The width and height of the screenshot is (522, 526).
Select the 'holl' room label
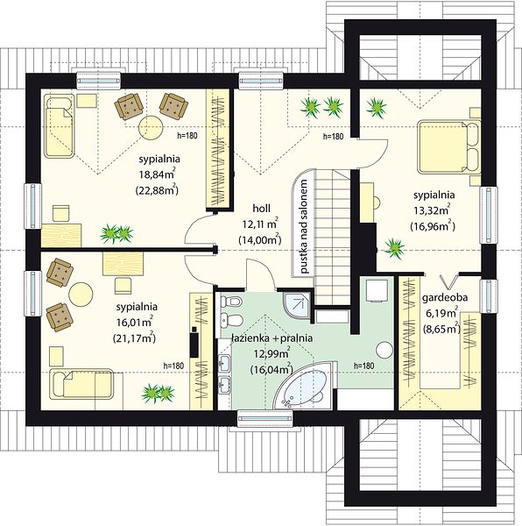261,209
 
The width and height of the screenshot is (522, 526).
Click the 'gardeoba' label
445,297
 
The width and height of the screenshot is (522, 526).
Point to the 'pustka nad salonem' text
304,227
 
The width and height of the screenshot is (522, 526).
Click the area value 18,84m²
157,174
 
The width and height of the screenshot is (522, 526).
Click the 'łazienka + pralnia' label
272,338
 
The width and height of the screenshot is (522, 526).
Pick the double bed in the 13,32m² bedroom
449,147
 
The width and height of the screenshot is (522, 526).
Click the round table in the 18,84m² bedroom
151,128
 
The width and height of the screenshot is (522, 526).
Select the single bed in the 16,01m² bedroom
81,384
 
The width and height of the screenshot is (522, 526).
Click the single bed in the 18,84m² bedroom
60,125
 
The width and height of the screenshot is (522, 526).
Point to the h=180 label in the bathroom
364,366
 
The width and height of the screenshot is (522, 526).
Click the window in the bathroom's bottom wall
265,418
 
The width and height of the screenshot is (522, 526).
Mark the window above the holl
261,81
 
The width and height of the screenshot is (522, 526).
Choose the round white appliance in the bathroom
384,350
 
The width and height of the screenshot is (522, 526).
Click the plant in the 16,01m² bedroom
159,393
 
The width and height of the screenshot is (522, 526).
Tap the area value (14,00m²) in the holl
259,240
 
